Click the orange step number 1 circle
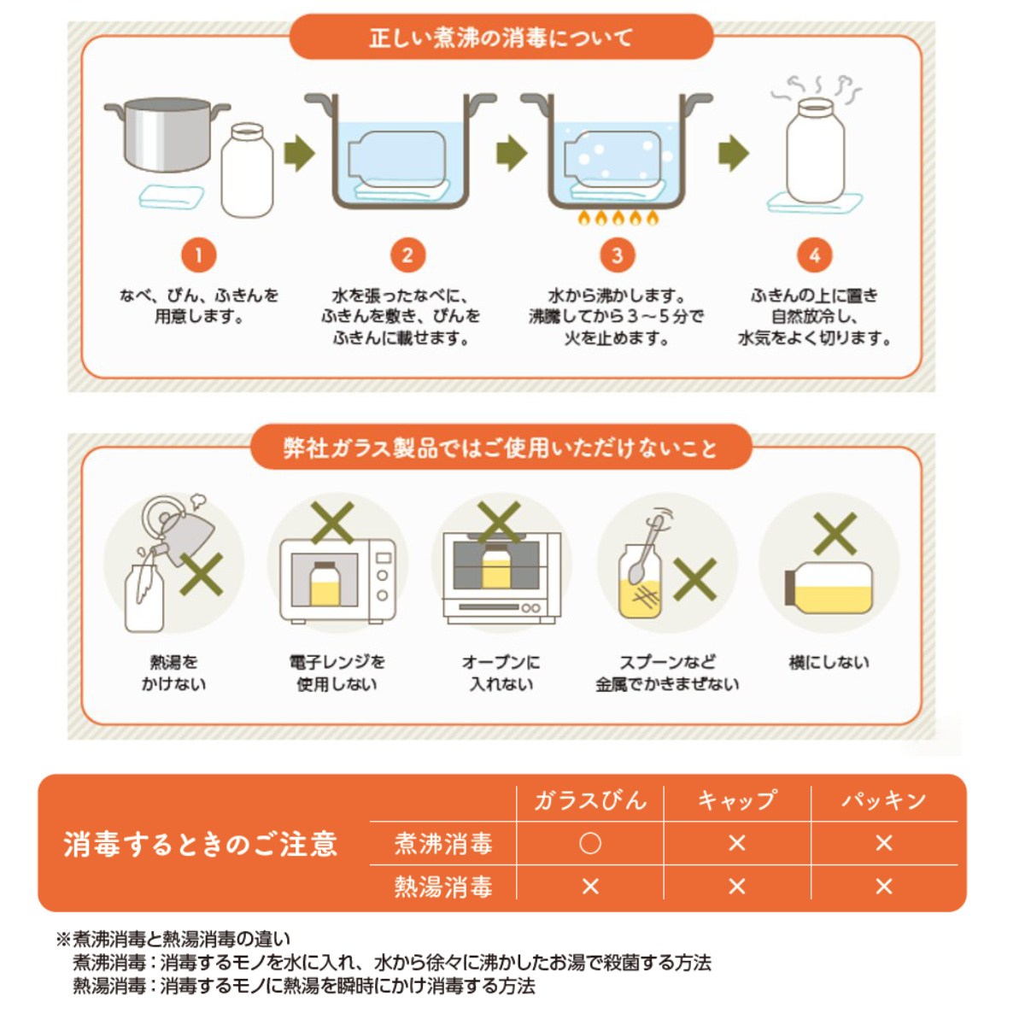(198, 255)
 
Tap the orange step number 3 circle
(617, 255)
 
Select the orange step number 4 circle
(814, 255)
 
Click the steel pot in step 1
(167, 134)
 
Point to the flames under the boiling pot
(618, 218)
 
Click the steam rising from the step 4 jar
(816, 88)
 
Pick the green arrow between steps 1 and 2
(300, 153)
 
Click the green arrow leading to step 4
(734, 153)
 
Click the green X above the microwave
(333, 523)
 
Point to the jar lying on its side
(829, 588)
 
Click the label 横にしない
(829, 663)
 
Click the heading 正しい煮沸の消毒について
(501, 38)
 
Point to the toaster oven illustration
(501, 577)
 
